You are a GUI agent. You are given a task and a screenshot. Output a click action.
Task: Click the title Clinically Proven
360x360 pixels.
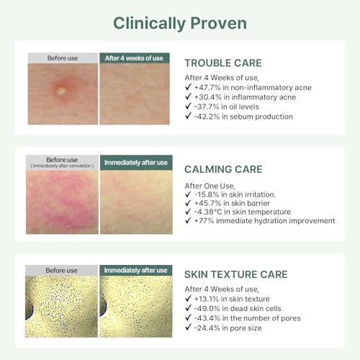(180, 24)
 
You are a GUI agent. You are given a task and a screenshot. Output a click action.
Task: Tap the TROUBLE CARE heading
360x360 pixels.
(223, 63)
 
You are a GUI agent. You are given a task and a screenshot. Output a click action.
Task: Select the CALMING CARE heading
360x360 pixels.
(223, 169)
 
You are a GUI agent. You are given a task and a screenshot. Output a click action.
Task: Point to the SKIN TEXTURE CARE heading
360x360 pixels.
(236, 274)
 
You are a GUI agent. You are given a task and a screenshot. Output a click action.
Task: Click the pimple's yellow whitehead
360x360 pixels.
(61, 91)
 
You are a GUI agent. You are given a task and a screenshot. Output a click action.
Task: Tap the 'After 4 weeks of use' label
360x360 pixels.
(134, 58)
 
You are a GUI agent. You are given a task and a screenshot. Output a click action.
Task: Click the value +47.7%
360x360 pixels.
(207, 87)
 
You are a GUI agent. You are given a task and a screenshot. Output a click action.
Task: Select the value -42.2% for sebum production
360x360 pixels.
(207, 117)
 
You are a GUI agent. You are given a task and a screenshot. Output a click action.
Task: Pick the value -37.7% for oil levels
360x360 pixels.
(207, 107)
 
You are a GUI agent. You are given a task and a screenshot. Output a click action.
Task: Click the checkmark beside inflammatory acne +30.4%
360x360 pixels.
(188, 96)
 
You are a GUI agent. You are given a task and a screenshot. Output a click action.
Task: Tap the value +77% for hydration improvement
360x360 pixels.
(204, 221)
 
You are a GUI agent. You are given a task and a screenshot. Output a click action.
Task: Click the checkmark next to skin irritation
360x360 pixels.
(188, 194)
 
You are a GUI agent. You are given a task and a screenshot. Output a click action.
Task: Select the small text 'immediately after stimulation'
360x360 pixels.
(62, 166)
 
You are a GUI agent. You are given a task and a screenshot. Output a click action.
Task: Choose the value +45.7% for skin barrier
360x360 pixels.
(207, 203)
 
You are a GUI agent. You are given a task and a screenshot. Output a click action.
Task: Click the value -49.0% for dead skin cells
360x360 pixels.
(207, 309)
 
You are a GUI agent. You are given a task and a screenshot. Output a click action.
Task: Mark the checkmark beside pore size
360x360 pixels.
(188, 327)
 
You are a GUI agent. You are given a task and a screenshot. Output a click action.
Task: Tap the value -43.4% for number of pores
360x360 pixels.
(207, 318)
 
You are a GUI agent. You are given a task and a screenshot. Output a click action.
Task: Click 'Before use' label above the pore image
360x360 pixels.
(61, 271)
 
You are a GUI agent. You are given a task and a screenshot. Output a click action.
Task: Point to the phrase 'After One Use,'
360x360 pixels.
(210, 186)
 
